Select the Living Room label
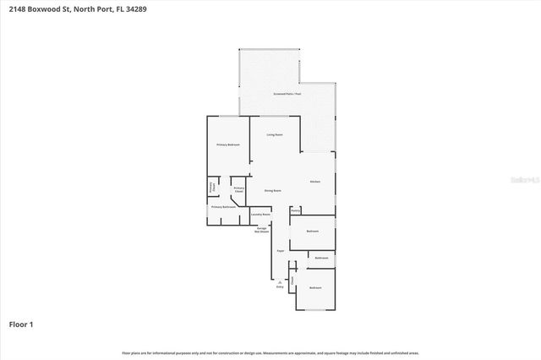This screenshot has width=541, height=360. [x=275, y=134]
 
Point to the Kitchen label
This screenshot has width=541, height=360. [x=314, y=182]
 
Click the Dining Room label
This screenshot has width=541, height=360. [x=272, y=190]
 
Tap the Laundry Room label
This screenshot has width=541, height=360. [x=260, y=215]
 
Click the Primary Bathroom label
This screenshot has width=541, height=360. [x=223, y=206]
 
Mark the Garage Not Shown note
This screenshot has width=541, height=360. [x=263, y=230]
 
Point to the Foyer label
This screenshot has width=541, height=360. [x=280, y=251]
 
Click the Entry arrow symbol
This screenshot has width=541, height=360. [x=280, y=281]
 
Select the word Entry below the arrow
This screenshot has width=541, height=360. [x=280, y=287]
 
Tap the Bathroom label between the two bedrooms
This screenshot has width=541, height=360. [x=321, y=258]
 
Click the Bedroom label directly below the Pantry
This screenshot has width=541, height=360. [x=312, y=231]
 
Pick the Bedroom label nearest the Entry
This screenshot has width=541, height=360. [x=315, y=288]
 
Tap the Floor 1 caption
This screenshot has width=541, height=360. [x=21, y=324]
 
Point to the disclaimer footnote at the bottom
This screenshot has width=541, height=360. [x=270, y=352]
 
